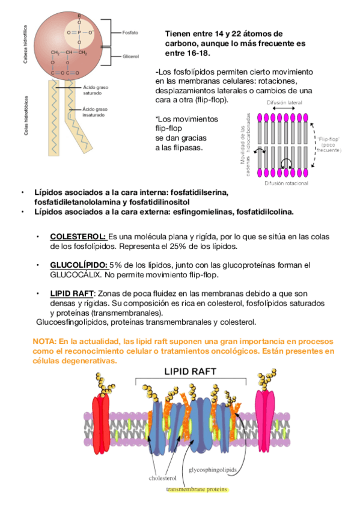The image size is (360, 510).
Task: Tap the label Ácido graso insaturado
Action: pyautogui.click(x=96, y=112)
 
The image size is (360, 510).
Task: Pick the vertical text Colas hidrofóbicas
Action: pyautogui.click(x=26, y=114)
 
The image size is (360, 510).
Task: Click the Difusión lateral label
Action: pyautogui.click(x=282, y=103)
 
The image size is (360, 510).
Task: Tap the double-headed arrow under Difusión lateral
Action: pyautogui.click(x=282, y=110)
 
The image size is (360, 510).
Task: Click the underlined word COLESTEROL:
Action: pyautogui.click(x=78, y=236)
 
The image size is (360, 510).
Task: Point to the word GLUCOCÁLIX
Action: pyautogui.click(x=76, y=274)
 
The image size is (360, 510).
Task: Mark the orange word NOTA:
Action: pyautogui.click(x=45, y=341)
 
